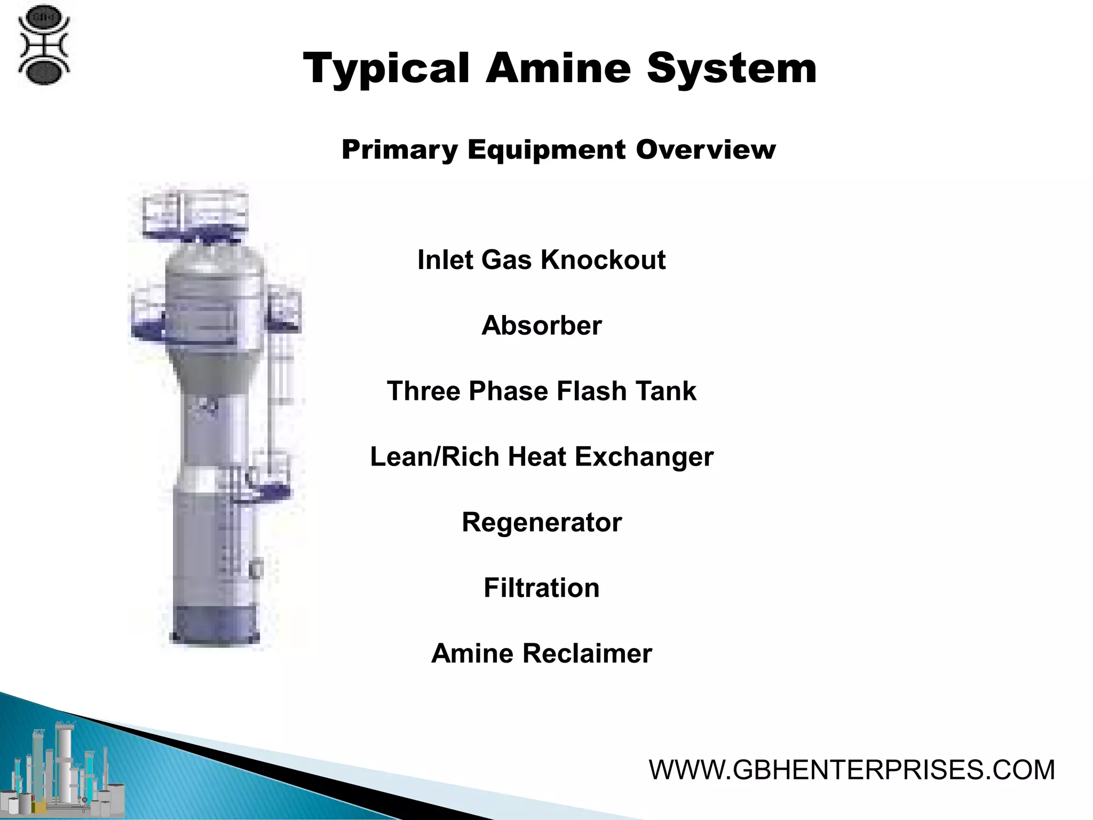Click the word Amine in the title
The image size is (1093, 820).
click(x=558, y=68)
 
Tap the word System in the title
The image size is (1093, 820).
click(x=732, y=68)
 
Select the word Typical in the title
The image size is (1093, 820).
click(x=386, y=69)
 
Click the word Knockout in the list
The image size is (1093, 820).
click(x=603, y=260)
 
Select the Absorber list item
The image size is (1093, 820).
click(x=541, y=326)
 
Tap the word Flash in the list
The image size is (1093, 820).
click(x=583, y=391)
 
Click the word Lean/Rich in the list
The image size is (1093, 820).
click(x=434, y=457)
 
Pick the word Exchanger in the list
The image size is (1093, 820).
click(x=644, y=457)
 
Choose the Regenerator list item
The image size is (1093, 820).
click(x=541, y=522)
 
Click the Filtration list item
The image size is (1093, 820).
click(x=541, y=588)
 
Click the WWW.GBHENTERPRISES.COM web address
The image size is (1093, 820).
click(x=852, y=770)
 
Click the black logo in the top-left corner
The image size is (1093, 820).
click(x=44, y=45)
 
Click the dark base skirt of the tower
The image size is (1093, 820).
click(x=215, y=625)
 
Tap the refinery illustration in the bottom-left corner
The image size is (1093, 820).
click(x=64, y=769)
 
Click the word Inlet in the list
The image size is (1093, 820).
click(x=445, y=260)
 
